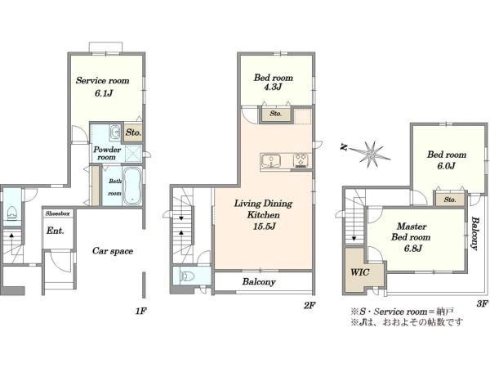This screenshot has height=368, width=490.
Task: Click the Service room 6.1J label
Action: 103,87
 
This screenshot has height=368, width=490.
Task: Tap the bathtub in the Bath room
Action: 131,186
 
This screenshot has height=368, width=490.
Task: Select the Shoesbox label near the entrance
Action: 58,213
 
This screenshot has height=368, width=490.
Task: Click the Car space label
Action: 113,251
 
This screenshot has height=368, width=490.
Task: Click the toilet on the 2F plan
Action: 188,276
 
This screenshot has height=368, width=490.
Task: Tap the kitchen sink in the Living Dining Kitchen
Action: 271,161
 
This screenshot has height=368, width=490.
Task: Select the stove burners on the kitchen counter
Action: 301,160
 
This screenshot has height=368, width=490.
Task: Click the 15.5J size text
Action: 265,227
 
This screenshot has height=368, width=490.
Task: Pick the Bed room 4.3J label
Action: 274,82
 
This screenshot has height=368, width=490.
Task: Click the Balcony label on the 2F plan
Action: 259,281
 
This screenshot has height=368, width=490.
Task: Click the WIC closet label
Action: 360,272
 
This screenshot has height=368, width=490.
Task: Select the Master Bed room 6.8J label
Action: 412,237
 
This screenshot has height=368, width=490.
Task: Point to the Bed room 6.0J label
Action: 447,159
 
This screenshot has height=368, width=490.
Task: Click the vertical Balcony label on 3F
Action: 475,233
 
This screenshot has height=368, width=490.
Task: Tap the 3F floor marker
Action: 483,303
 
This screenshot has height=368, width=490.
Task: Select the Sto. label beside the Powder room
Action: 133,132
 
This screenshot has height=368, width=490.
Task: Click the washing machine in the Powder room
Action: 115,132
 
